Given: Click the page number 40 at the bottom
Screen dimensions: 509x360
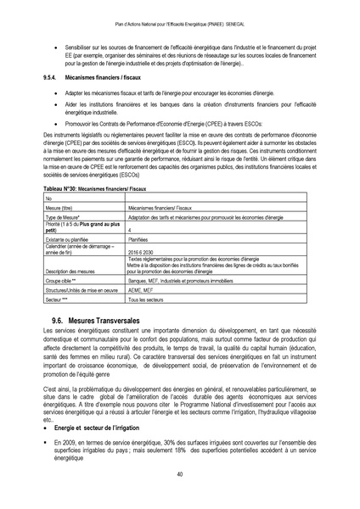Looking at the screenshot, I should pyautogui.click(x=180, y=475).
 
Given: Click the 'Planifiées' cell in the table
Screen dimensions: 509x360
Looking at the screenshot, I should pyautogui.click(x=141, y=239).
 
